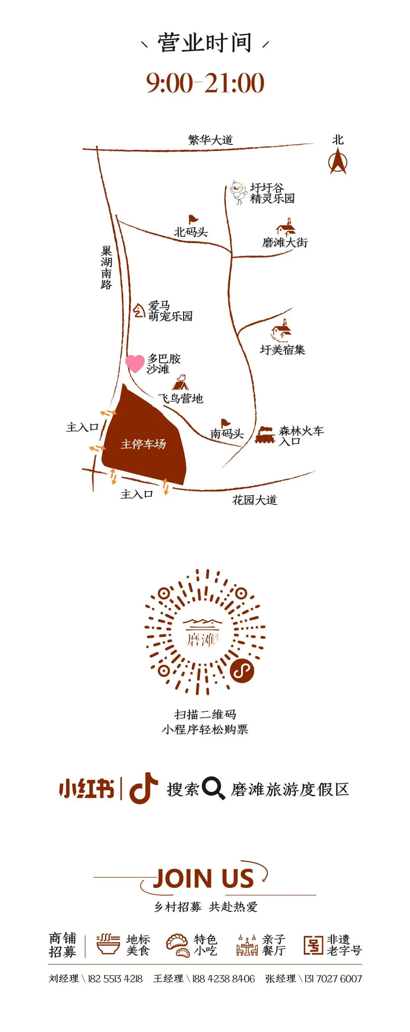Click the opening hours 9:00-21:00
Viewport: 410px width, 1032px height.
(205, 83)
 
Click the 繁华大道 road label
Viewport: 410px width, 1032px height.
(210, 140)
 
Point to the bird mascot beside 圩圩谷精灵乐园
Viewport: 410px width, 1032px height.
(238, 192)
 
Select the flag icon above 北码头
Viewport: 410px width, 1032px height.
(193, 219)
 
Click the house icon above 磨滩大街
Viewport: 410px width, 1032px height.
(286, 227)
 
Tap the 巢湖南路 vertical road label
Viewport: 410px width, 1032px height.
(106, 268)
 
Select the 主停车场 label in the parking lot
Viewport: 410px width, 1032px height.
(143, 444)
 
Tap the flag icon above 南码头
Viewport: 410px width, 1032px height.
(225, 423)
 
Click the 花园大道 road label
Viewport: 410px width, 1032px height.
(254, 499)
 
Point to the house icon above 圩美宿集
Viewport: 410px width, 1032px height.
(282, 331)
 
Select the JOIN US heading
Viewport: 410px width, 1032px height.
(203, 879)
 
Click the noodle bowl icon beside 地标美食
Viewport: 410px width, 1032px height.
(108, 945)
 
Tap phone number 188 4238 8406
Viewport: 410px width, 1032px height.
(223, 978)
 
